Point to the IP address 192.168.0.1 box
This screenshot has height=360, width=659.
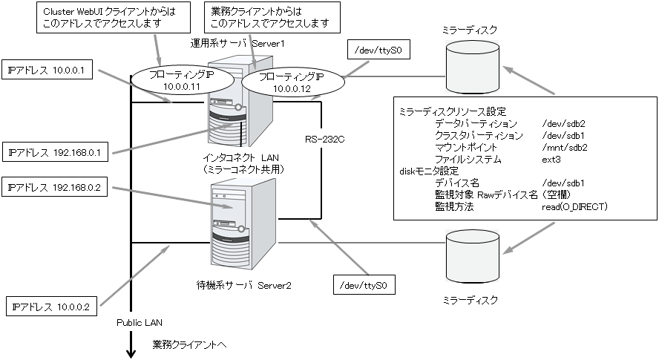tap(56, 153)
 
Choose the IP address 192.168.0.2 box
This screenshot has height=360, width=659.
tap(56, 189)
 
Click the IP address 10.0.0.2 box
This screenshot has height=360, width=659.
tap(50, 306)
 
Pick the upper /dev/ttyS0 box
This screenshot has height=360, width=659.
tap(378, 52)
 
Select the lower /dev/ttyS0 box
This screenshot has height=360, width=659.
tap(364, 285)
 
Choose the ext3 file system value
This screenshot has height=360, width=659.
tap(551, 160)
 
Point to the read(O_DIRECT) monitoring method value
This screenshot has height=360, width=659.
tap(574, 206)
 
